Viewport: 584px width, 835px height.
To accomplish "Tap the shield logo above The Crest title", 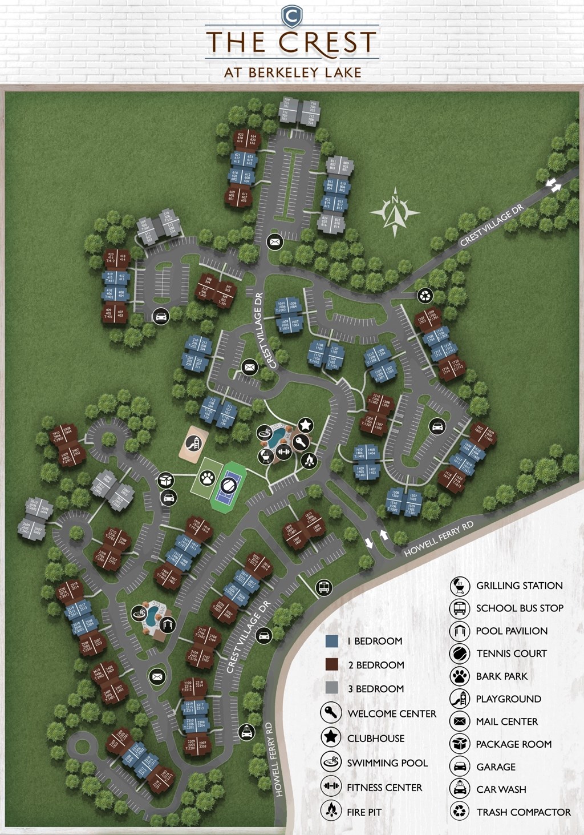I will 291,15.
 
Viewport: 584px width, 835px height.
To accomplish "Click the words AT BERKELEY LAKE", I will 293,72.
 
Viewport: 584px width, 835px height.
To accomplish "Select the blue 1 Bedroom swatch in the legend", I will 332,642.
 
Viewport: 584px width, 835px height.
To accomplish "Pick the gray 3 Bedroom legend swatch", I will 332,688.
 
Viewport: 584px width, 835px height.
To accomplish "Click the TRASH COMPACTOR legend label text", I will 524,812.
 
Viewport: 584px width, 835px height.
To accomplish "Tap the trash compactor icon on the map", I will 425,295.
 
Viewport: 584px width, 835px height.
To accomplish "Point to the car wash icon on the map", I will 246,732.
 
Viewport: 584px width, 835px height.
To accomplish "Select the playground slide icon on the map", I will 194,443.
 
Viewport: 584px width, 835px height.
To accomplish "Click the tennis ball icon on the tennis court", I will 227,486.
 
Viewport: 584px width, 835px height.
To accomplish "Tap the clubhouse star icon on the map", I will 306,425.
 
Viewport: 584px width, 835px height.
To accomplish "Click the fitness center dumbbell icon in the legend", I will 331,787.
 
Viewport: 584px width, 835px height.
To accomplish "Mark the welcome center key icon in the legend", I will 331,713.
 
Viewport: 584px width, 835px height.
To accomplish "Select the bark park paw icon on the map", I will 206,477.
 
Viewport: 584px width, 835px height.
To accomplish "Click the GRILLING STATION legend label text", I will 519,586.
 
